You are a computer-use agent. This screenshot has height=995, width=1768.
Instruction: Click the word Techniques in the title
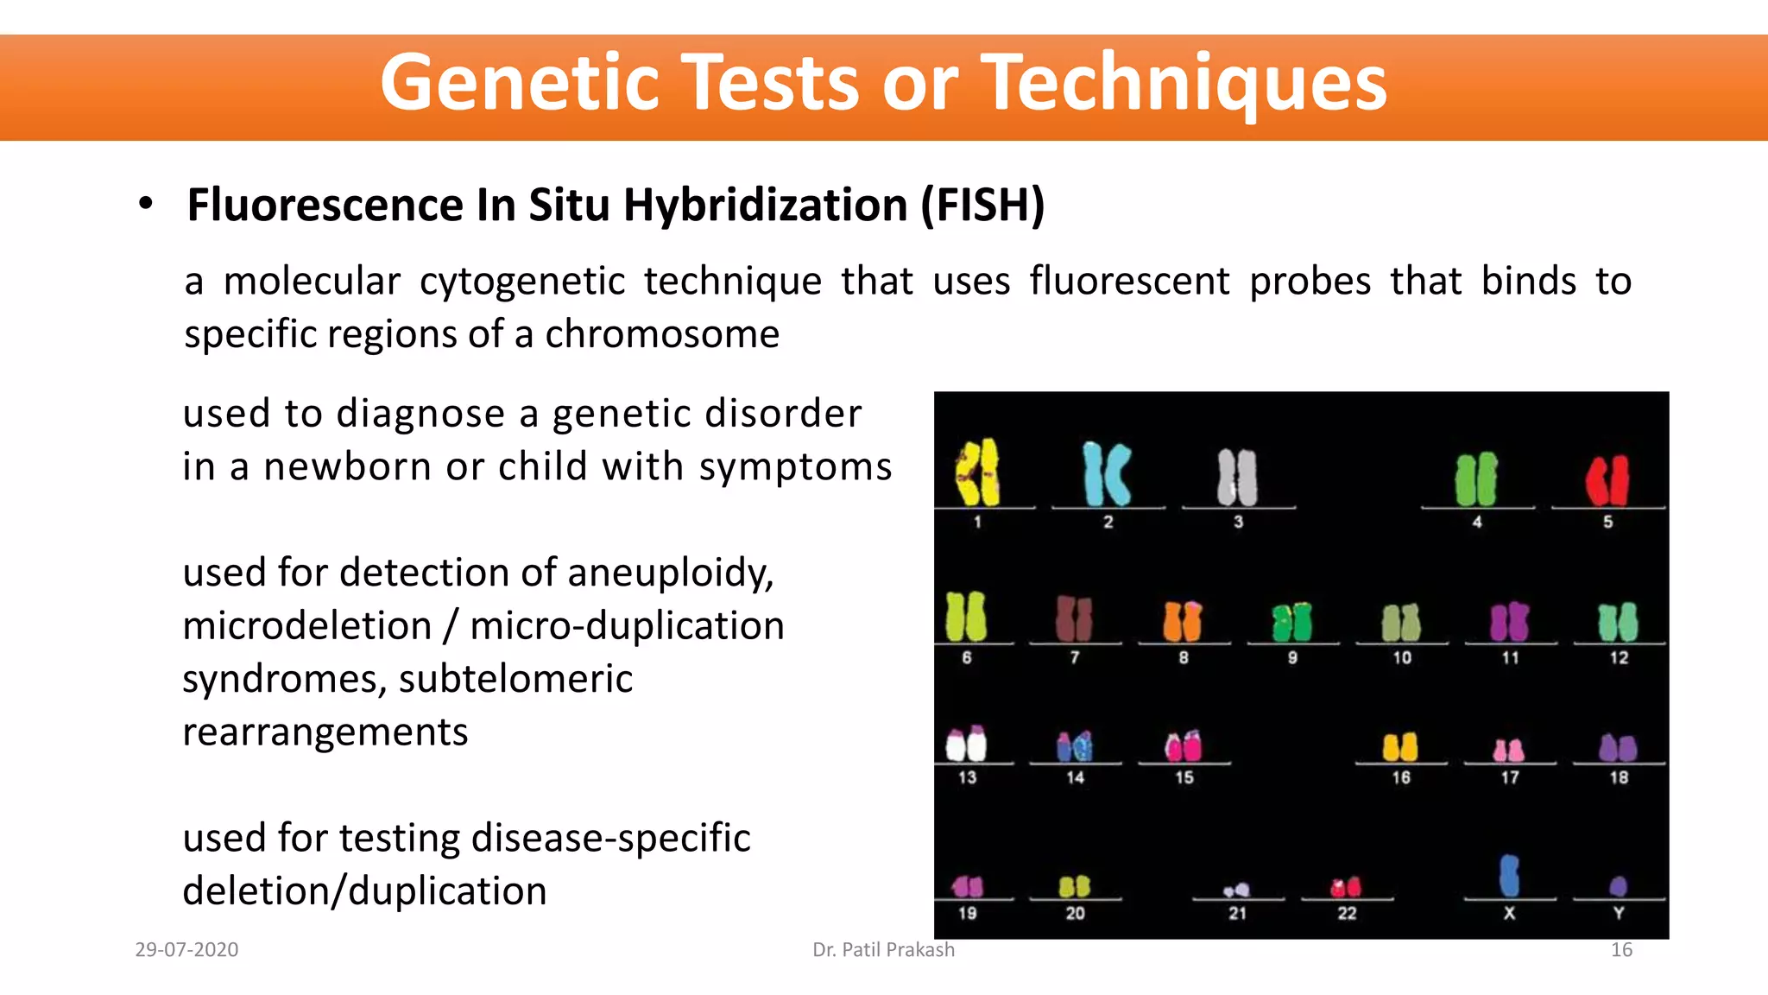[1184, 83]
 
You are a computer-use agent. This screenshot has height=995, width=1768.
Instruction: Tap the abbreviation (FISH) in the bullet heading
[982, 206]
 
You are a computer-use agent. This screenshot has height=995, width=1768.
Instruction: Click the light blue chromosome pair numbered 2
[1107, 473]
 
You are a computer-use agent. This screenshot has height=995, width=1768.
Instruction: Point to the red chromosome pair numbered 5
[1607, 479]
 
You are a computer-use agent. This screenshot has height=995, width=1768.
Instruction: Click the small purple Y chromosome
[1618, 885]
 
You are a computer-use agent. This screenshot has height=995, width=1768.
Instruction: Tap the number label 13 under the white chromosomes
[967, 777]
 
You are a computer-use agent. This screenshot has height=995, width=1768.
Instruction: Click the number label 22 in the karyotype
[1347, 913]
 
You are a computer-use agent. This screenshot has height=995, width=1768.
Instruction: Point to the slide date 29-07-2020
[186, 949]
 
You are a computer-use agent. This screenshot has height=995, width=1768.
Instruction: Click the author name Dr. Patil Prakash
[883, 949]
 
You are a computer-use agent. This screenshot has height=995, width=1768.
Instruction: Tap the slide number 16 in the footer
[1621, 949]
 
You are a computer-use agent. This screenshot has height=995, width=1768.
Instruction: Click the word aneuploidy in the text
[670, 574]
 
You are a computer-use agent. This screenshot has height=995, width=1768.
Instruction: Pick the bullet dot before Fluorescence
[146, 204]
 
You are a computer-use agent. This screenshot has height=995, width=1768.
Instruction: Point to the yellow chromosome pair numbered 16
[1400, 746]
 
